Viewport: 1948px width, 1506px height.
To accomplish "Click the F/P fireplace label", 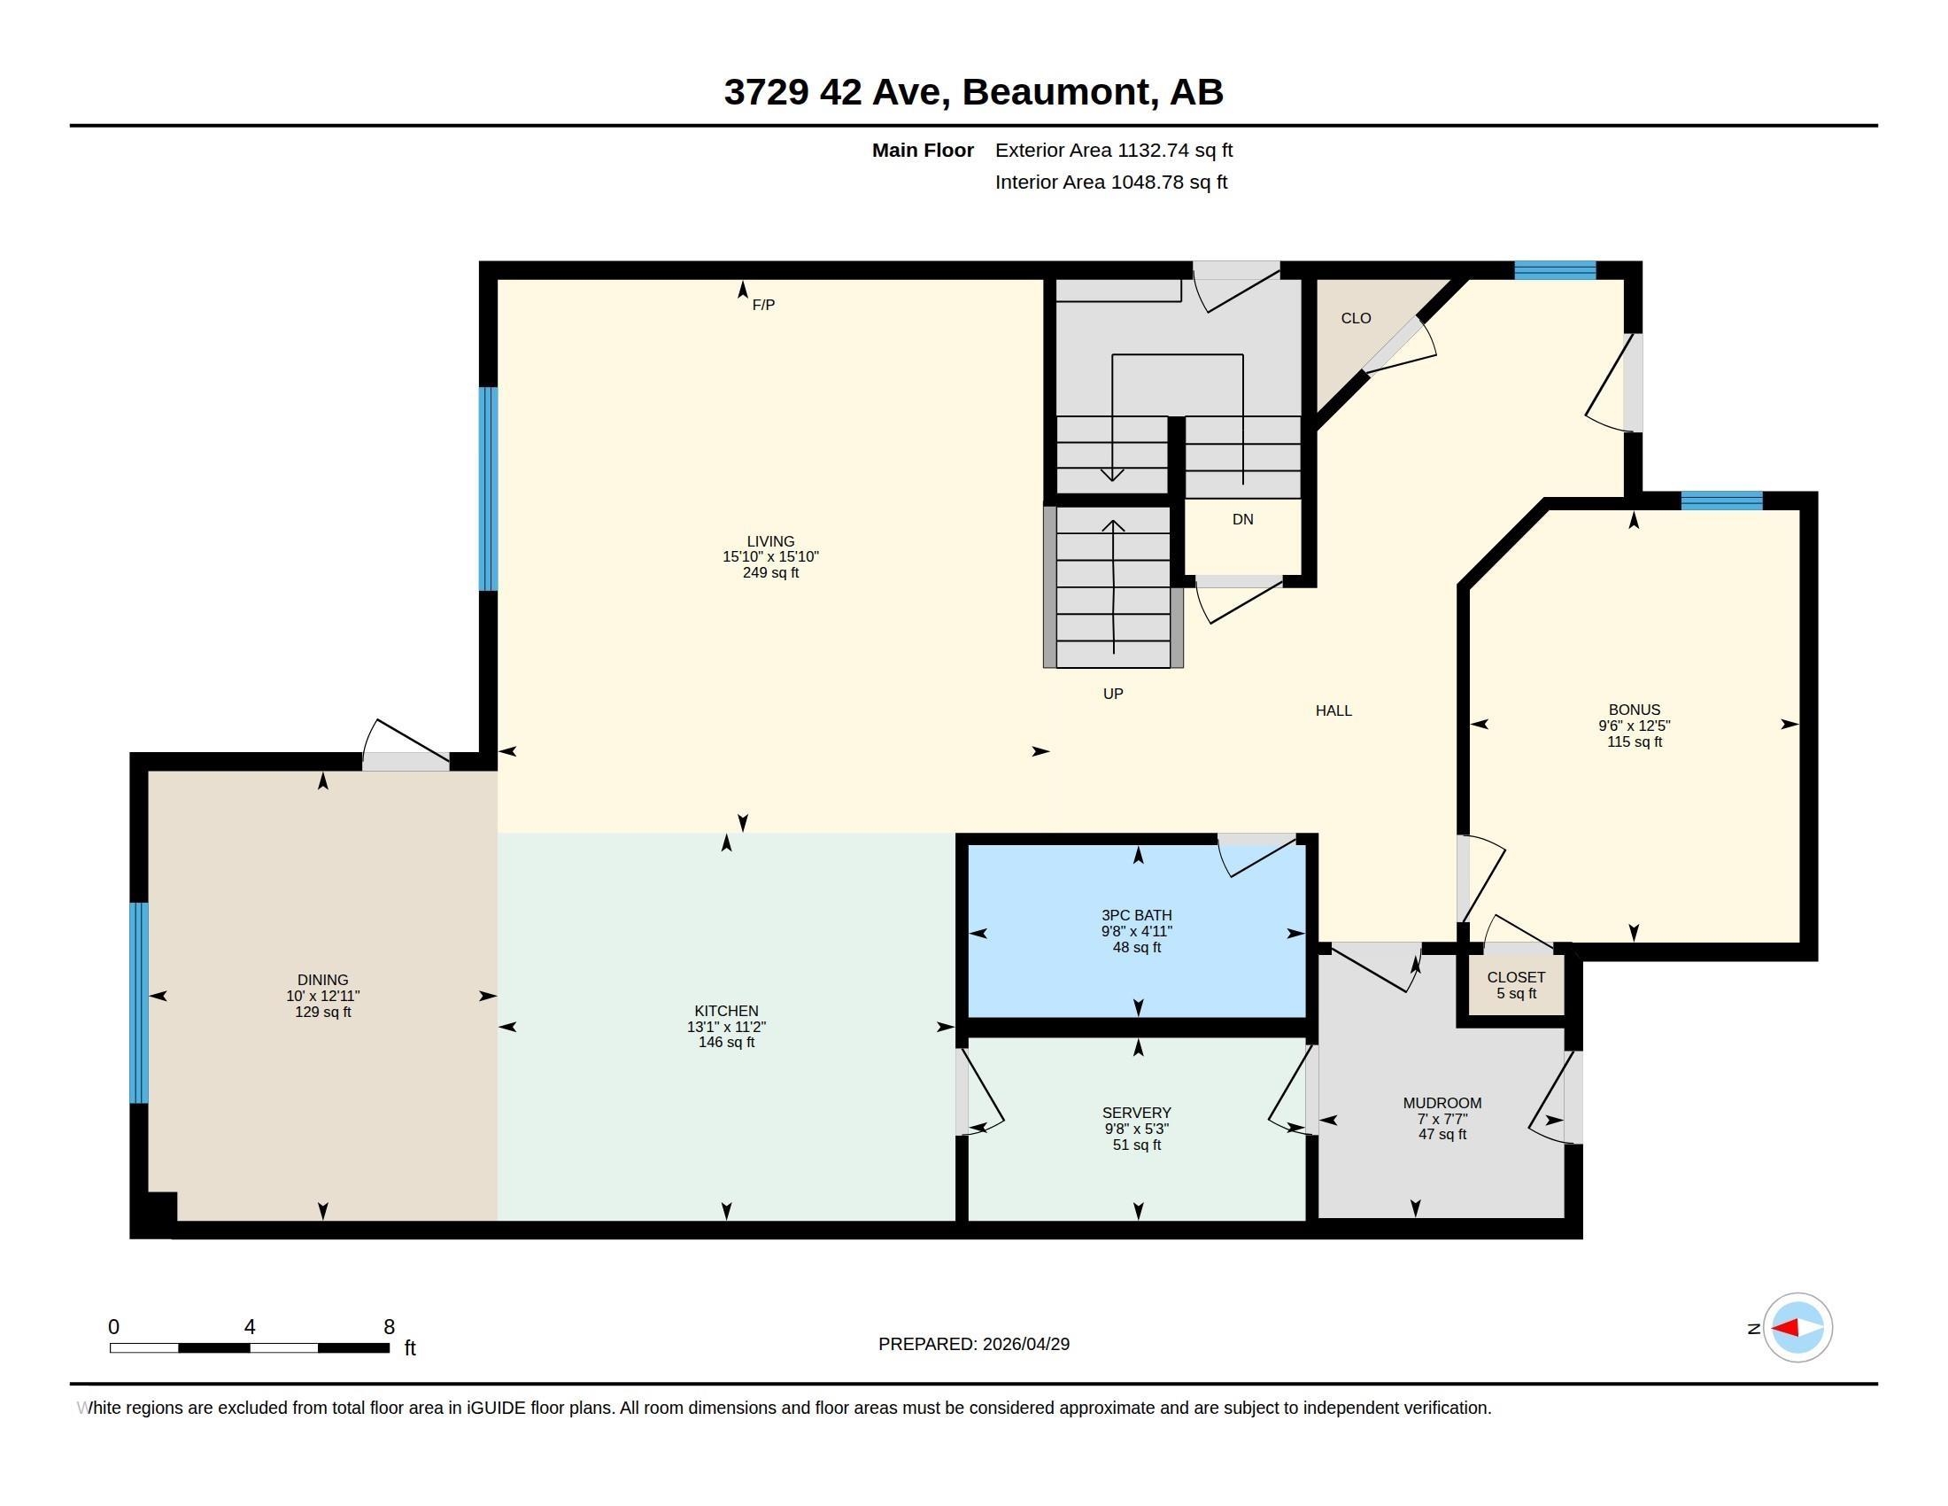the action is (x=763, y=305).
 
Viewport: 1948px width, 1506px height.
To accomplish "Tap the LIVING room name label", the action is (x=770, y=541).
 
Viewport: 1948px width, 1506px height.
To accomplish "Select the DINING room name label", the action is (x=323, y=980).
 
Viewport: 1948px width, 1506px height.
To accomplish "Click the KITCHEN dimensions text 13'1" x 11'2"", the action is (x=726, y=1027).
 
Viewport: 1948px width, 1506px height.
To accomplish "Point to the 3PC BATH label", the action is (x=1136, y=915).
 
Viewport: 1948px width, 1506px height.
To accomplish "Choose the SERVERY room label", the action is (x=1136, y=1113).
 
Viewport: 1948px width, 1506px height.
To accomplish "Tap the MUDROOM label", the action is (x=1442, y=1103).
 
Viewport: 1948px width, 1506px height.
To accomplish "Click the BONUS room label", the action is (x=1634, y=710).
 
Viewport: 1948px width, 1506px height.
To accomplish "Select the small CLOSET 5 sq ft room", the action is (x=1515, y=985).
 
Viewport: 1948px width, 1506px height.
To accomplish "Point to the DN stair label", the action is (x=1242, y=519).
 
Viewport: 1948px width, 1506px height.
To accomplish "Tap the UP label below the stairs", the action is (x=1113, y=694).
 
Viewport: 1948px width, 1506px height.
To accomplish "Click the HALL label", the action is (x=1333, y=711).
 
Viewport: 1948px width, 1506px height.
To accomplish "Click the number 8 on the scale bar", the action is (x=389, y=1327).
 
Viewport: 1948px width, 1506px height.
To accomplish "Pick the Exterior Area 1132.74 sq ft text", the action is (x=1114, y=150).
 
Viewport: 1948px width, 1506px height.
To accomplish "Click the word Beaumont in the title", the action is (x=1056, y=91).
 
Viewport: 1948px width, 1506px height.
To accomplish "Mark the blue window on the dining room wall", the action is (x=139, y=1003).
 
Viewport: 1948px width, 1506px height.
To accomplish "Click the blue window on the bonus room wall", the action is (x=1721, y=501).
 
